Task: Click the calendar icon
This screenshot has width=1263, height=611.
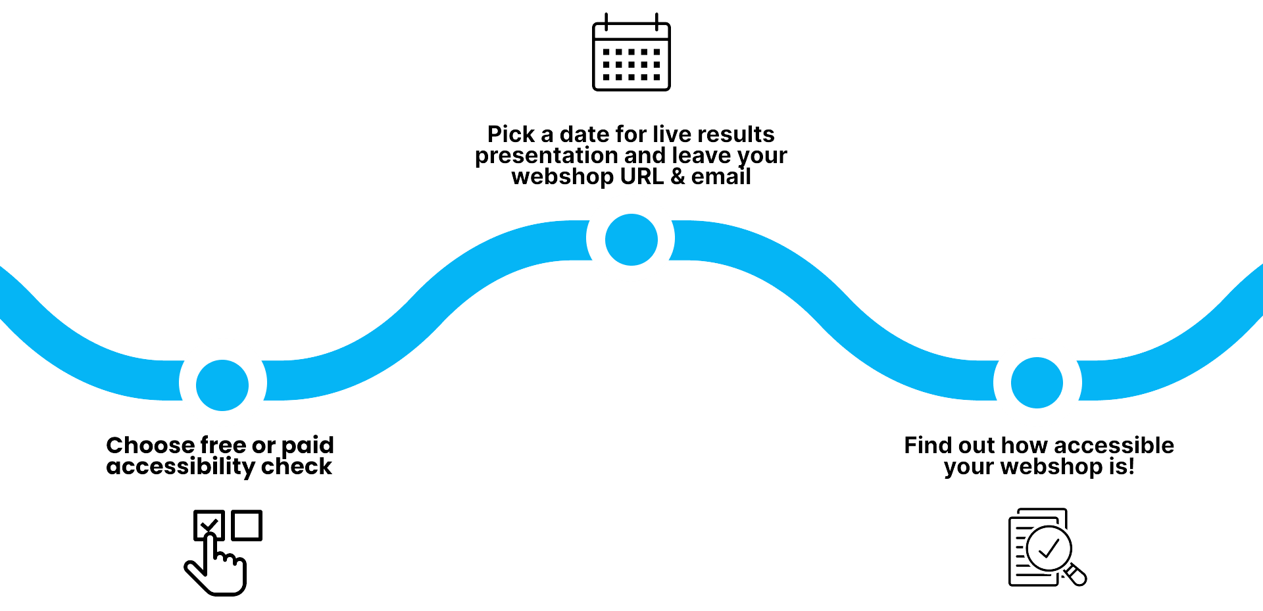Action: (631, 53)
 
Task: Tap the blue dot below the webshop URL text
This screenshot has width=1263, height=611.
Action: (631, 239)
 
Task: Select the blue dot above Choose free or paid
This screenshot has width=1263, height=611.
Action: (222, 385)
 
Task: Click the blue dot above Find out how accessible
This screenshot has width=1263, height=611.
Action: (1037, 383)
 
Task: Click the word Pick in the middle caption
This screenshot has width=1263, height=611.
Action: (510, 134)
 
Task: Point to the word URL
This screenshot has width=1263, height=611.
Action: (641, 176)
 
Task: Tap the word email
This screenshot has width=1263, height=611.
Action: (721, 176)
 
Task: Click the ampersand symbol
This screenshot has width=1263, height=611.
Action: (678, 176)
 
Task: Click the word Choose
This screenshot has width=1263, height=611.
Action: (149, 445)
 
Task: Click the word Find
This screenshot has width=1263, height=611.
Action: (928, 445)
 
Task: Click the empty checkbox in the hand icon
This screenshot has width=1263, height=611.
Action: (247, 525)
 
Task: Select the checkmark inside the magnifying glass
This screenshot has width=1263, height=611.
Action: (1049, 548)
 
